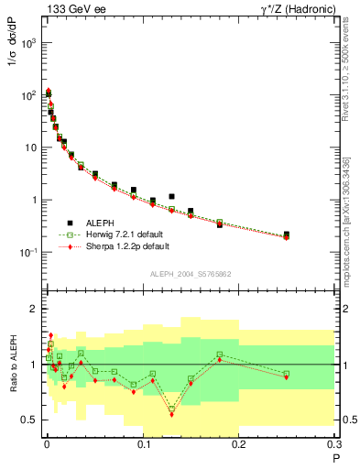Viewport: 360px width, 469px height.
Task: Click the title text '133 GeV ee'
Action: click(70, 8)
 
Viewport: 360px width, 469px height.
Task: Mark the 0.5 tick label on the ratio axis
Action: click(30, 420)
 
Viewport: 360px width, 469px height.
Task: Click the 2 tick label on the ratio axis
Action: click(35, 309)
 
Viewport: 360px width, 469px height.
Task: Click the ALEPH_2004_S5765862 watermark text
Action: click(191, 273)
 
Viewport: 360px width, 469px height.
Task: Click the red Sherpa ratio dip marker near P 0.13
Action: click(171, 414)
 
